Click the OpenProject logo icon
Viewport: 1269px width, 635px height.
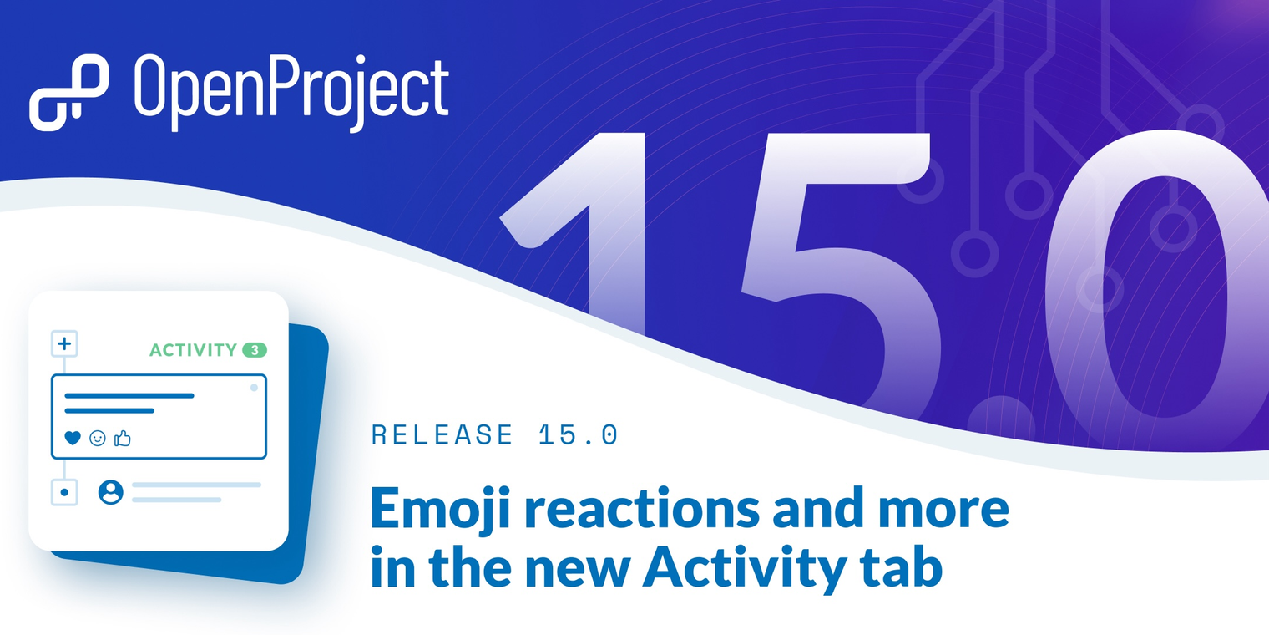click(68, 91)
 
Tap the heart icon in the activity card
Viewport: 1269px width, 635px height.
click(73, 438)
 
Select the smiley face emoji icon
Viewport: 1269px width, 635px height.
click(98, 438)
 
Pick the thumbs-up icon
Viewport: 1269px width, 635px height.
click(123, 438)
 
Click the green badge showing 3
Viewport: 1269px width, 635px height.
click(255, 350)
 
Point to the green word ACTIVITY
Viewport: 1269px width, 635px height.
click(193, 350)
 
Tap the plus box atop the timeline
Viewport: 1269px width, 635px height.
click(64, 343)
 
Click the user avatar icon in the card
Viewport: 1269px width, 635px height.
click(110, 492)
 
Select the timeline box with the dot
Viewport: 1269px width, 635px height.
click(64, 492)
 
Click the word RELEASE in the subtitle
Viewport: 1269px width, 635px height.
click(442, 434)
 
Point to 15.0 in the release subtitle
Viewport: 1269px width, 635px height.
click(578, 434)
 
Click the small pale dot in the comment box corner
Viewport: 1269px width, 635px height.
click(254, 388)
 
